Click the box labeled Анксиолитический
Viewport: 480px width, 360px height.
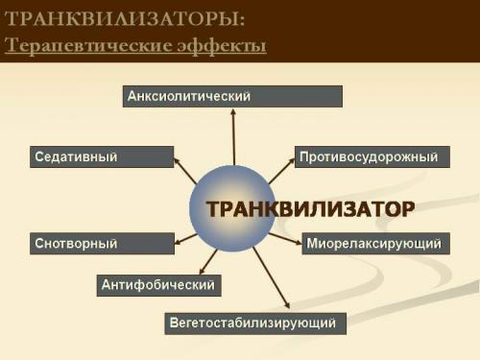pos(232,96)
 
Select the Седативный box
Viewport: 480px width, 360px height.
pos(102,156)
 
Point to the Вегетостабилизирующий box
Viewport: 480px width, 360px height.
pos(255,323)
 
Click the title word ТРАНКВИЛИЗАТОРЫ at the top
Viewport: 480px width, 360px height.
pos(118,19)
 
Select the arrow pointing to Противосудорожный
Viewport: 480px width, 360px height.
pos(280,171)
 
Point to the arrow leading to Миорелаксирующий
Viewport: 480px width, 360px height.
pos(284,237)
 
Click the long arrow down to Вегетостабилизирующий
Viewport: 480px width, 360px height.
pos(271,277)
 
